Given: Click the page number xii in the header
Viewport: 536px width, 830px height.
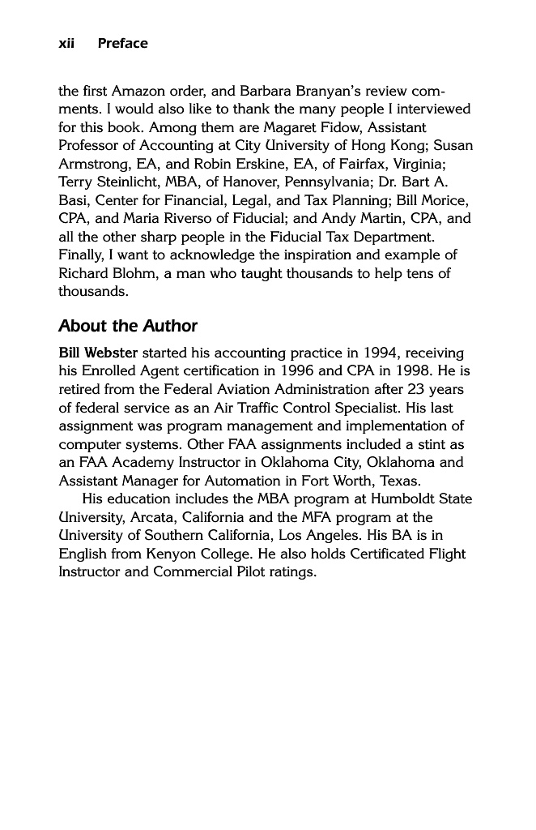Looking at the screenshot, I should click(x=66, y=44).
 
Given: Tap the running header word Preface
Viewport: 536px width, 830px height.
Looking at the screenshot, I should click(x=122, y=44).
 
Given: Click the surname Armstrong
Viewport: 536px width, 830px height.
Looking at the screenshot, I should click(x=91, y=164).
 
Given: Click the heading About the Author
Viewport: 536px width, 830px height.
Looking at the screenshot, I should click(x=128, y=326).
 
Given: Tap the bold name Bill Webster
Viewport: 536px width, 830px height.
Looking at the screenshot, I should click(x=98, y=353).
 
